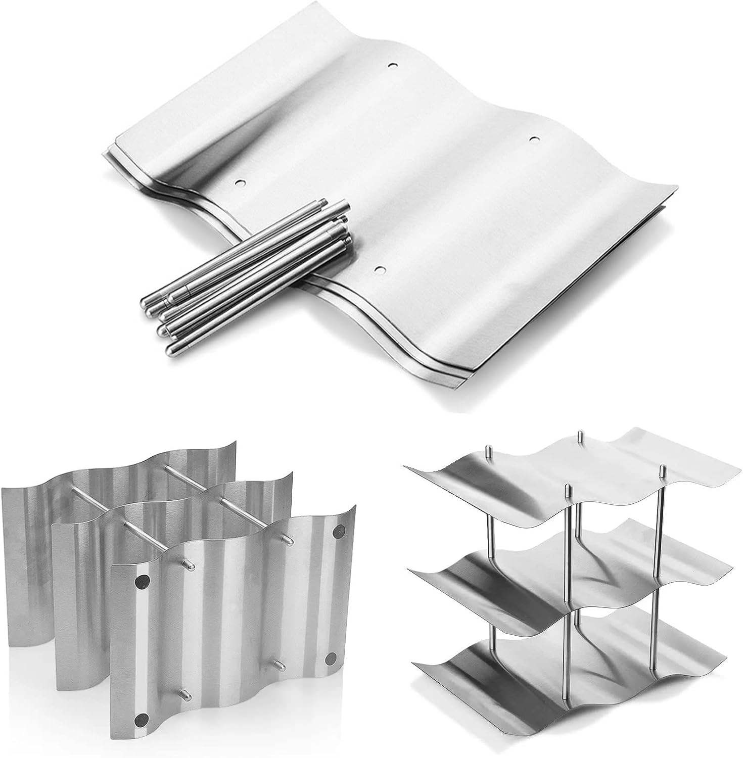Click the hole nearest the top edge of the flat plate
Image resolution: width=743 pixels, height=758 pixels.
pos(392,66)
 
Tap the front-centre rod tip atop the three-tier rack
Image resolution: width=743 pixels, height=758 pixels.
pos(568,489)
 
